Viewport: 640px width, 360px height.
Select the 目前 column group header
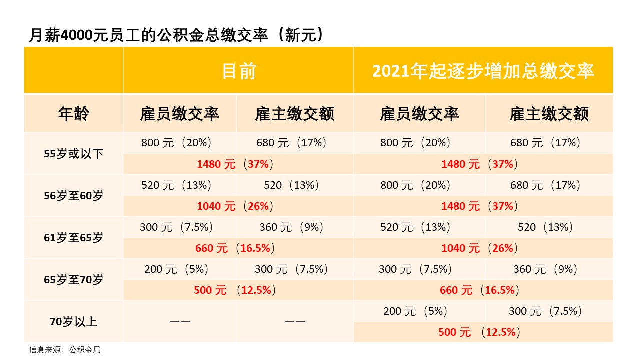(239, 71)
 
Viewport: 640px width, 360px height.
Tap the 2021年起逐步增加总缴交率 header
(483, 71)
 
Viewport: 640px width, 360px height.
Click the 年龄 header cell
(73, 114)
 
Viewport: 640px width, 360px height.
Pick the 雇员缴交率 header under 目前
(179, 114)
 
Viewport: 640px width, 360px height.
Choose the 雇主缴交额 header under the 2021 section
(549, 114)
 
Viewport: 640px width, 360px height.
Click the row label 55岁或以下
(73, 153)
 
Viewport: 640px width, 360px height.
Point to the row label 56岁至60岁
(73, 195)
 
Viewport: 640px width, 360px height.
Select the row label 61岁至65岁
(73, 237)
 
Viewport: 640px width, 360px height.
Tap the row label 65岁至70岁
(73, 279)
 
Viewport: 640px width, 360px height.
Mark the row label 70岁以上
(73, 321)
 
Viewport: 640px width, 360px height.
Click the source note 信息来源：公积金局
(65, 350)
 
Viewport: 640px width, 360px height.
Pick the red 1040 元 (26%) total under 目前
(235, 206)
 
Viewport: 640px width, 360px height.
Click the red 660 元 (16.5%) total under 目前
(235, 248)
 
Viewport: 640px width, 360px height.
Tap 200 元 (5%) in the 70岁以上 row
(415, 311)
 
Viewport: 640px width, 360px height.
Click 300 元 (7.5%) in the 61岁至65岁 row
(177, 227)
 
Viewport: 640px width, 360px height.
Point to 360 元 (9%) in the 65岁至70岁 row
(545, 269)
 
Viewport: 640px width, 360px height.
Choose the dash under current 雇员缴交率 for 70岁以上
(179, 322)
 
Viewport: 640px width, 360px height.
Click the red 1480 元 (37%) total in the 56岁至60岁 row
(479, 206)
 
